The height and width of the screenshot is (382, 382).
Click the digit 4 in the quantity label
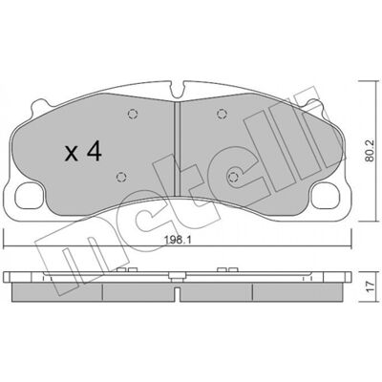[95, 152]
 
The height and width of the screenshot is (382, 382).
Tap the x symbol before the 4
[72, 154]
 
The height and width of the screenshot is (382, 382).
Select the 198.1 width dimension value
[178, 240]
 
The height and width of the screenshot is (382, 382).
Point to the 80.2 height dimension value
[369, 151]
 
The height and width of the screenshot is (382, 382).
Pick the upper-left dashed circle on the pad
[133, 114]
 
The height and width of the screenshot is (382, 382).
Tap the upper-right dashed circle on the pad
[222, 114]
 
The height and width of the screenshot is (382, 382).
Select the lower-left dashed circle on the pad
[121, 177]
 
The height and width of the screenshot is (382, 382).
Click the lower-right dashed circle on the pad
[233, 176]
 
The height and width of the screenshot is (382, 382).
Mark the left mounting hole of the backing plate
[29, 196]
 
